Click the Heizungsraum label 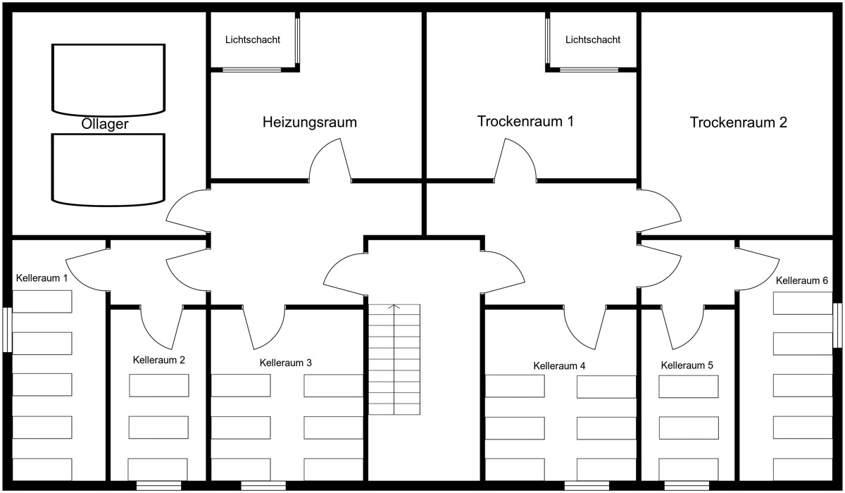310,122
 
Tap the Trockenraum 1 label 525,121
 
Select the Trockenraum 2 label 739,123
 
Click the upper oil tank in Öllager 108,78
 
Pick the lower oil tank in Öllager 108,168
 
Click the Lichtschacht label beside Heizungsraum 253,40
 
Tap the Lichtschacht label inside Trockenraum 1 593,40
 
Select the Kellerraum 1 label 42,278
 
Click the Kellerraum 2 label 159,360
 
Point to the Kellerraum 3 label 286,363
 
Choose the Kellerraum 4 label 560,366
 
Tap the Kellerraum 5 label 687,366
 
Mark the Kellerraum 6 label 802,280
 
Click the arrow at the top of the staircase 394,307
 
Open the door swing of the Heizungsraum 330,161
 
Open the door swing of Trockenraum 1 516,161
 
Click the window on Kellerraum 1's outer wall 8,329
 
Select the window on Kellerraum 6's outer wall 837,325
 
